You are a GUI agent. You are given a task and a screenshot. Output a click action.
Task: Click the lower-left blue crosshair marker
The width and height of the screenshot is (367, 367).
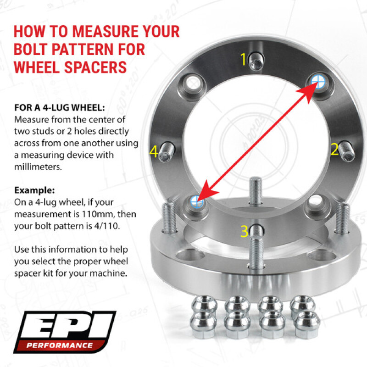(196, 200)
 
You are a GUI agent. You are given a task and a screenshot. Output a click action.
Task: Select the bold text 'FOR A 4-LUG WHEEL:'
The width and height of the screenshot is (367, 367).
(60, 108)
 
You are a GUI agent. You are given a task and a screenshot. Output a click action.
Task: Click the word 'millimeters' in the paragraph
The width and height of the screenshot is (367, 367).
(37, 167)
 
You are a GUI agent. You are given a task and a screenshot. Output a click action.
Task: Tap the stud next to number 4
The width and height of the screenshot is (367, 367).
(166, 150)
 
